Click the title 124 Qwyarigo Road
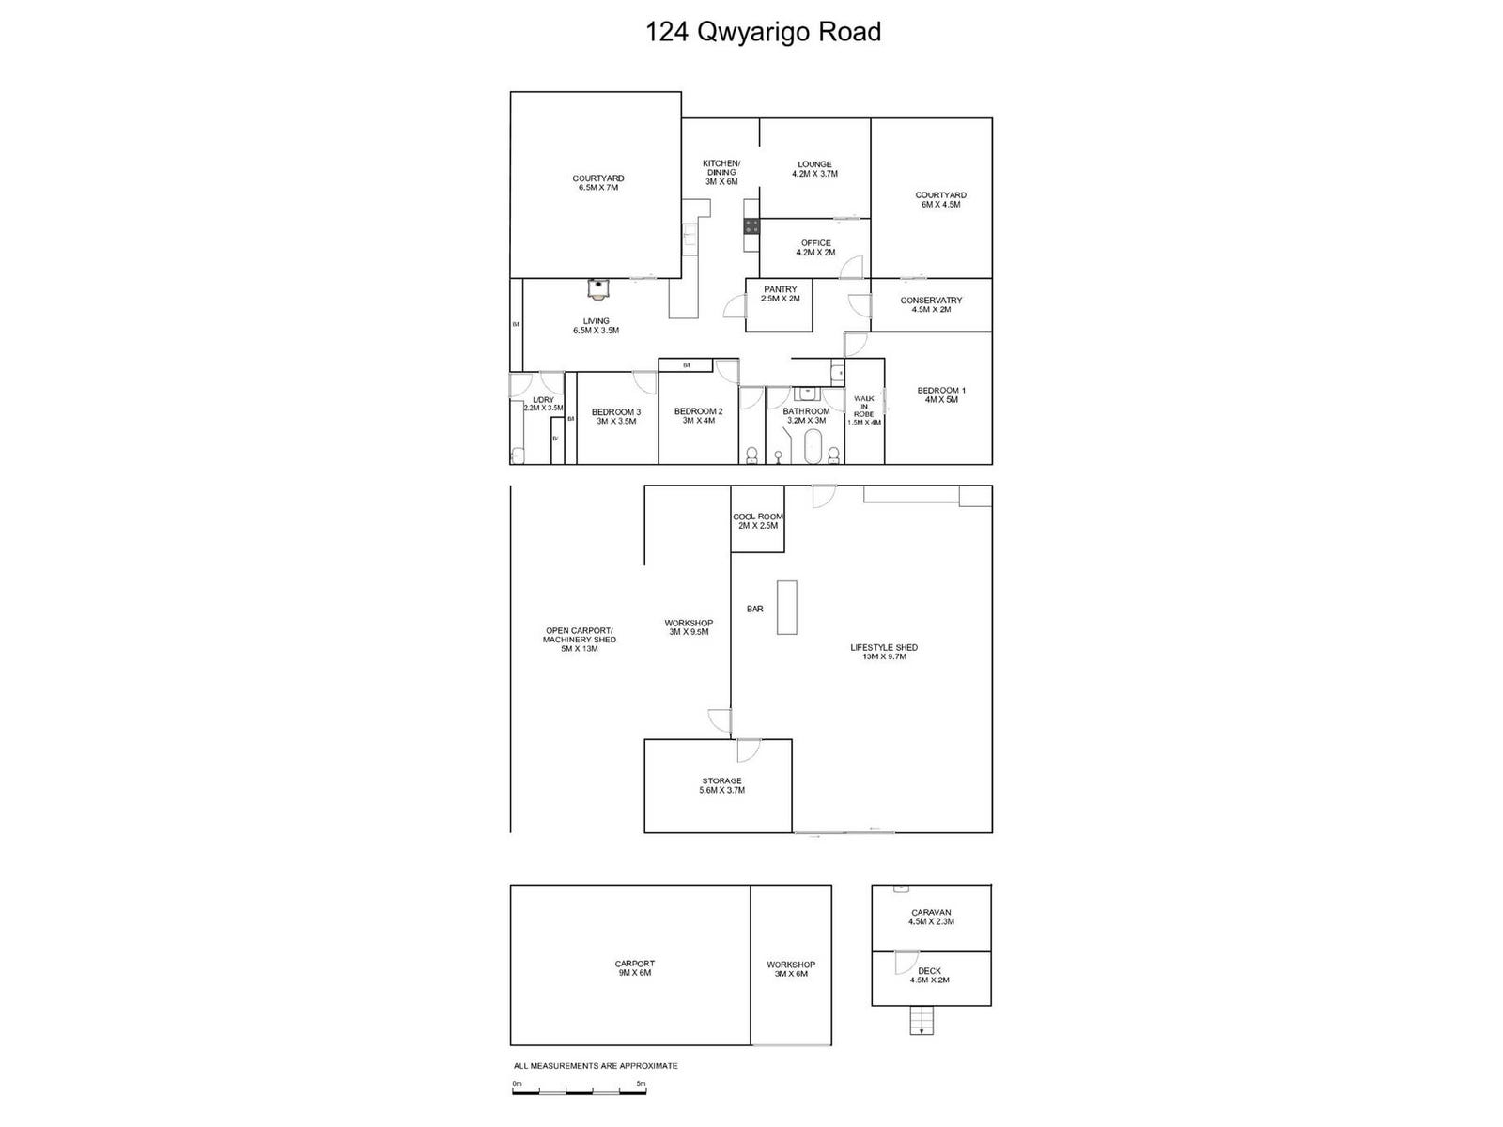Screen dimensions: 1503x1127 click(x=763, y=33)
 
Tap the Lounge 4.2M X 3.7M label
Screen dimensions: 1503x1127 click(x=814, y=169)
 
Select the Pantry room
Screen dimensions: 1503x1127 click(x=779, y=305)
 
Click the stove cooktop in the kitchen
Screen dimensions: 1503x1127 click(x=751, y=226)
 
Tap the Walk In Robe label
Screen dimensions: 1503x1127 click(x=864, y=409)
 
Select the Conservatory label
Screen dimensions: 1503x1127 click(x=931, y=305)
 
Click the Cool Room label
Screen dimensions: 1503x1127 click(x=757, y=521)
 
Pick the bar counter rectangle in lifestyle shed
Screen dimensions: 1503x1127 click(x=786, y=608)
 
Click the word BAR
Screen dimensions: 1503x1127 click(x=754, y=610)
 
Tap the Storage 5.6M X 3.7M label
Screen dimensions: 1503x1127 click(x=721, y=785)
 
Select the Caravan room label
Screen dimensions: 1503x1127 click(x=931, y=917)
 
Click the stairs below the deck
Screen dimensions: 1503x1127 click(x=922, y=1020)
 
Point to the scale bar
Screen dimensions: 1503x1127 click(x=579, y=1090)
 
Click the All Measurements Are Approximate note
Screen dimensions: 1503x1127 click(x=596, y=1066)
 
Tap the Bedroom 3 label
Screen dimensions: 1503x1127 click(x=616, y=416)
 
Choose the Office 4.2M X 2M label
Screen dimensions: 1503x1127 click(x=815, y=248)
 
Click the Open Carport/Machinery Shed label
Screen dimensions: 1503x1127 click(x=579, y=640)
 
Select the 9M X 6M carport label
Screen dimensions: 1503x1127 click(x=634, y=968)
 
